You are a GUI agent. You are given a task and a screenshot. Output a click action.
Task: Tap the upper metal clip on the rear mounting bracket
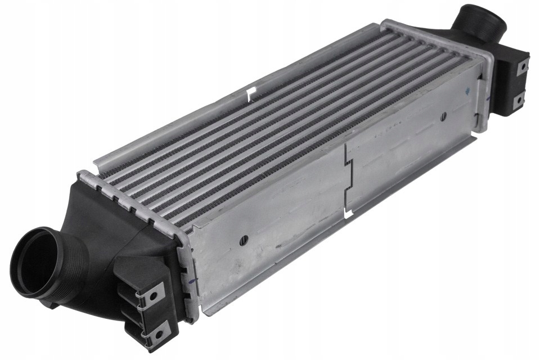522,66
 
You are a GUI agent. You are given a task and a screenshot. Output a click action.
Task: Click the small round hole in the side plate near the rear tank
444,116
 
